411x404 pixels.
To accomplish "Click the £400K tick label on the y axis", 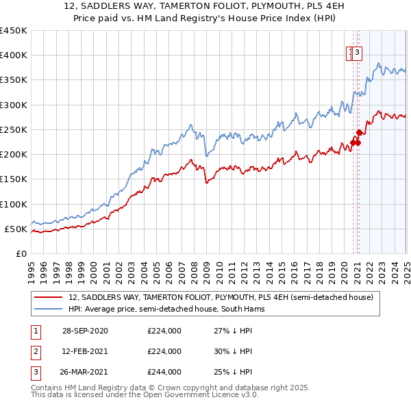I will pyautogui.click(x=13, y=55).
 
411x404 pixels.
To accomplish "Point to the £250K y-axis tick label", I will pyautogui.click(x=13, y=129).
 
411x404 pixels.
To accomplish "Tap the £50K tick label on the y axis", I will pyautogui.click(x=16, y=229).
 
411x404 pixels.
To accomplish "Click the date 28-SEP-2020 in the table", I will pyautogui.click(x=85, y=331).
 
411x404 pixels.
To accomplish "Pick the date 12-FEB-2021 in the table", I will pyautogui.click(x=85, y=351).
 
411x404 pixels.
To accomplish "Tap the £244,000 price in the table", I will pyautogui.click(x=164, y=372).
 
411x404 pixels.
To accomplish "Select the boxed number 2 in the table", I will pyautogui.click(x=34, y=351).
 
